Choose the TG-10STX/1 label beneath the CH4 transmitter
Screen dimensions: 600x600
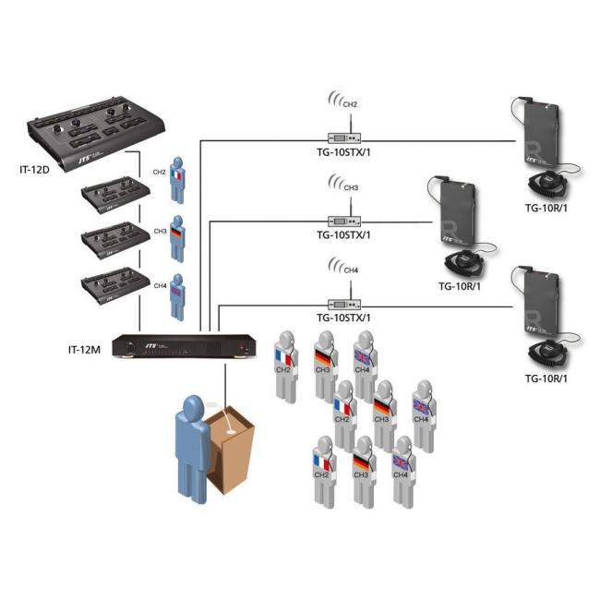(x=343, y=318)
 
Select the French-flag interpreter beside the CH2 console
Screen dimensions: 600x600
(x=178, y=181)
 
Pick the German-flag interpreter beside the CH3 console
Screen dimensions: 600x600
(x=178, y=236)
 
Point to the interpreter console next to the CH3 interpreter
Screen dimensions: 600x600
(x=111, y=239)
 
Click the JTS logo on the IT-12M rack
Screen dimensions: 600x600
(x=148, y=344)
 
